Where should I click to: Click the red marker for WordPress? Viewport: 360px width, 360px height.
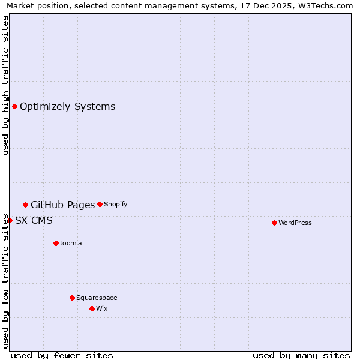(274, 223)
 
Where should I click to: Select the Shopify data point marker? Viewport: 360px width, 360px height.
(100, 204)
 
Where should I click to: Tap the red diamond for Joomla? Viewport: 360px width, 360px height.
(56, 243)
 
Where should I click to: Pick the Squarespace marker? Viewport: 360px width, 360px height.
(72, 298)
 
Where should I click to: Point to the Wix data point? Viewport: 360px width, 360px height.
(92, 308)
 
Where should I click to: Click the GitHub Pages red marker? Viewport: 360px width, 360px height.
(25, 205)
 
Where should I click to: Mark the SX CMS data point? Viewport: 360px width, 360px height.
(10, 220)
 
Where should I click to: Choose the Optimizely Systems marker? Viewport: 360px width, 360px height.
(14, 106)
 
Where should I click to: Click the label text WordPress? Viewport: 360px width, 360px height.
(295, 223)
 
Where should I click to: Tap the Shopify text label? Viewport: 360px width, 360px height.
(116, 204)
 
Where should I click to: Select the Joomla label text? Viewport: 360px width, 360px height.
(71, 243)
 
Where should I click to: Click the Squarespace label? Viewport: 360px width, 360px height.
(97, 298)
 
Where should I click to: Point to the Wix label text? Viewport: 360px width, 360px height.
(102, 308)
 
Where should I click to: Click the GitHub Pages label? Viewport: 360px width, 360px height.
(63, 205)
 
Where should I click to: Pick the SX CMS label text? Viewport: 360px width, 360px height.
(34, 220)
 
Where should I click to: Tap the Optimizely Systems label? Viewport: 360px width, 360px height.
(67, 106)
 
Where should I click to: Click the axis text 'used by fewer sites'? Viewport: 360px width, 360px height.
(62, 355)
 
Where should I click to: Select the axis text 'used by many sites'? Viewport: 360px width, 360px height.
(301, 355)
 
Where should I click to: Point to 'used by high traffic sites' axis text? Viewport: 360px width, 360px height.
(6, 85)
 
